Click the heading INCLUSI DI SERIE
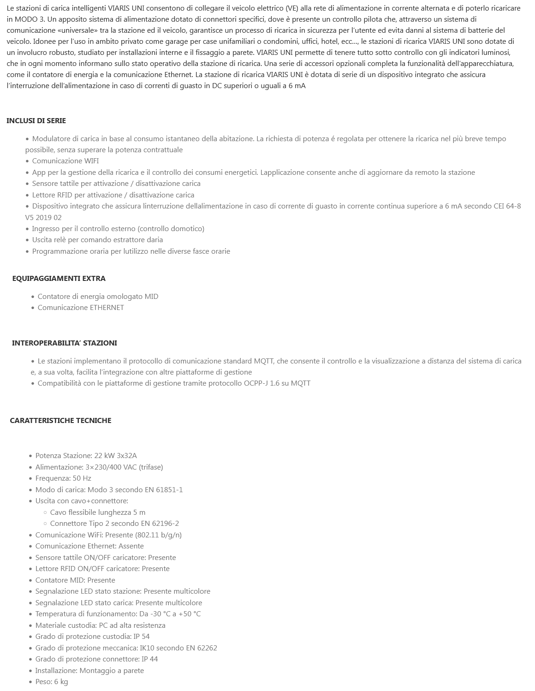(36, 121)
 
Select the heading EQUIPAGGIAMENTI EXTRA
(59, 279)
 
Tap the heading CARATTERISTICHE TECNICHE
(60, 421)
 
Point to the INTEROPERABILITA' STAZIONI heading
(64, 343)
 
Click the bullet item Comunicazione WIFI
(65, 161)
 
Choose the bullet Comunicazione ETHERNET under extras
(81, 308)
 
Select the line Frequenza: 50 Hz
(63, 478)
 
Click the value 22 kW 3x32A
(115, 456)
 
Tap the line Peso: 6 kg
(52, 682)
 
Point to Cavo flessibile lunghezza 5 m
(98, 512)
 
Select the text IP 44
(150, 659)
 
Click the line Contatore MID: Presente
(75, 580)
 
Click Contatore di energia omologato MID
(98, 297)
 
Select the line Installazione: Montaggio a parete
(89, 671)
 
